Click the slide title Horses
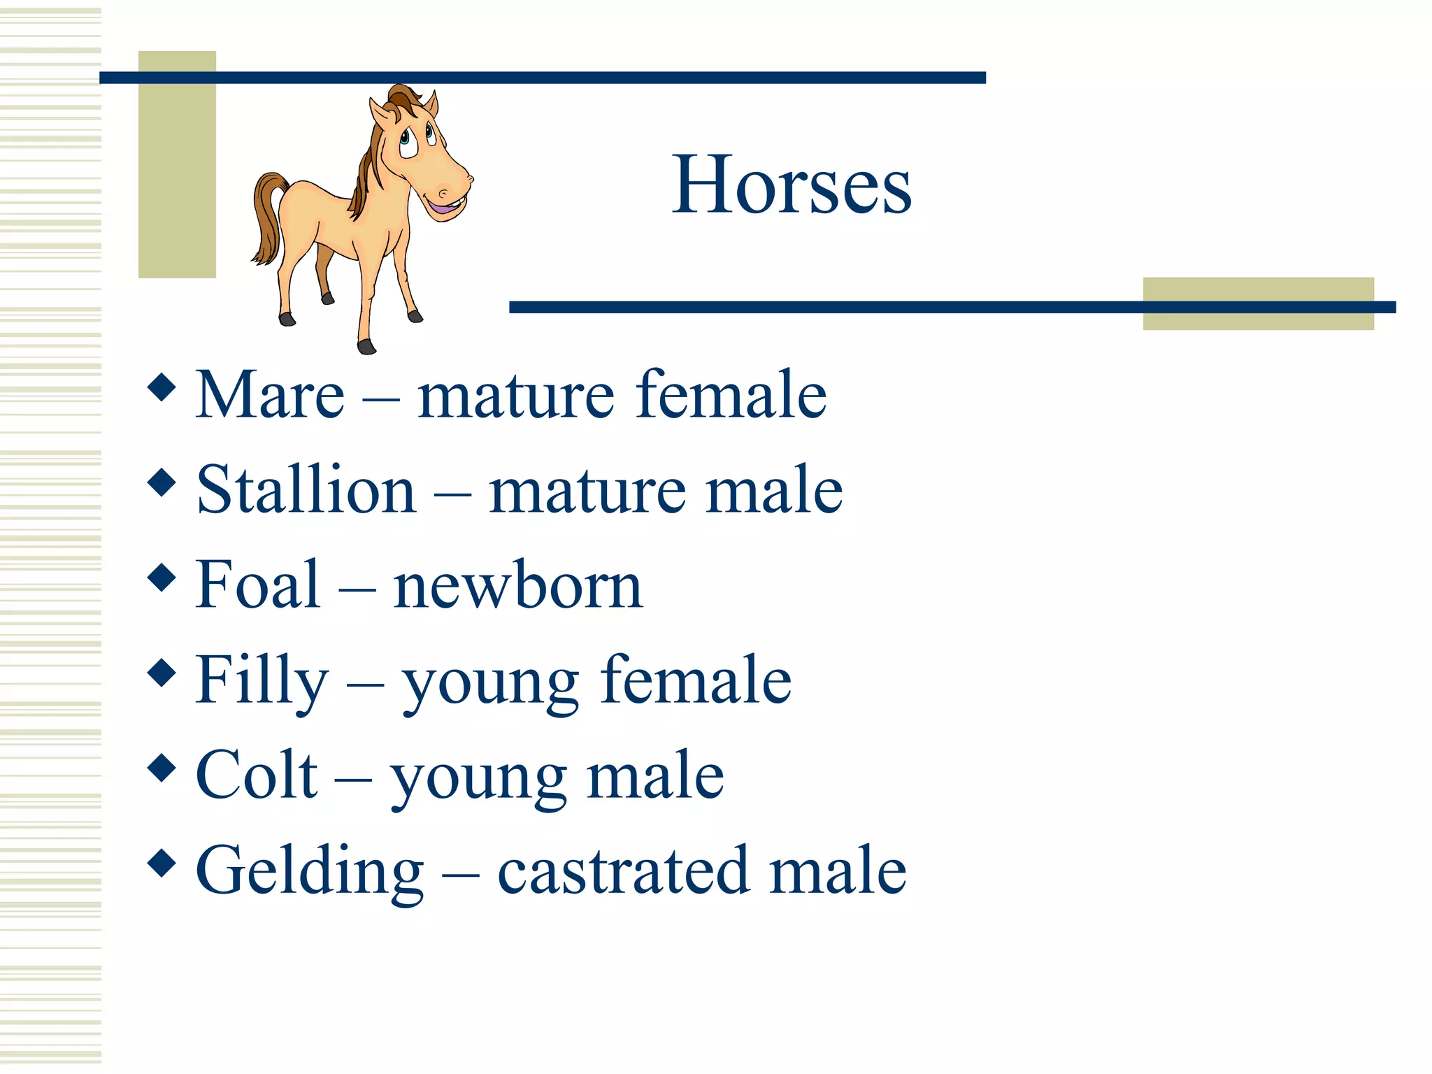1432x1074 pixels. [x=792, y=185]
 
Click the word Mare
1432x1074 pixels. [x=270, y=395]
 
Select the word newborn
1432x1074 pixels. [x=517, y=585]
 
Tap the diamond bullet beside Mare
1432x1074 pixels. [x=162, y=387]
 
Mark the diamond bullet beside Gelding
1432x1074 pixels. [x=162, y=863]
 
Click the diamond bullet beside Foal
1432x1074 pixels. [x=162, y=578]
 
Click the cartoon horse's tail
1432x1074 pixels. [x=267, y=217]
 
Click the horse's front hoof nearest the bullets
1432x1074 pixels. [x=366, y=346]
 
